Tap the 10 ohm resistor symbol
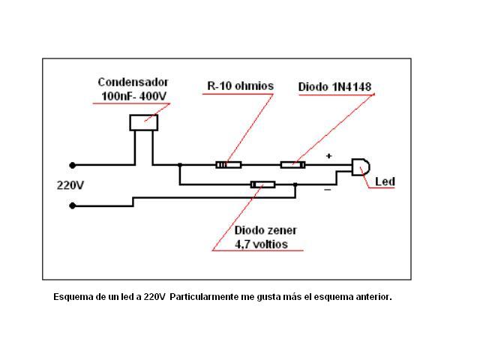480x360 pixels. (228, 164)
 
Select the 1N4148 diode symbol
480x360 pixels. (292, 164)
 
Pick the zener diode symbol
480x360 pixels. (262, 184)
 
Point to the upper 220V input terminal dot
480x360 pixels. (73, 165)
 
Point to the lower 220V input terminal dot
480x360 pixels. (73, 205)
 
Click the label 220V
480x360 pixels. (70, 184)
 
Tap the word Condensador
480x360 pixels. (133, 82)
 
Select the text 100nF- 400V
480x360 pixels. (133, 96)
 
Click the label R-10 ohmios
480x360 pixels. (240, 86)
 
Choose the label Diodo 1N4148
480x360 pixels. (334, 87)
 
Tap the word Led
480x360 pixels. (384, 181)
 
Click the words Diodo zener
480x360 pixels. (265, 230)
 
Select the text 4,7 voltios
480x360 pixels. (261, 244)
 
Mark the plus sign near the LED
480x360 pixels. (328, 157)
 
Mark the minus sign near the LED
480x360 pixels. (327, 190)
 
